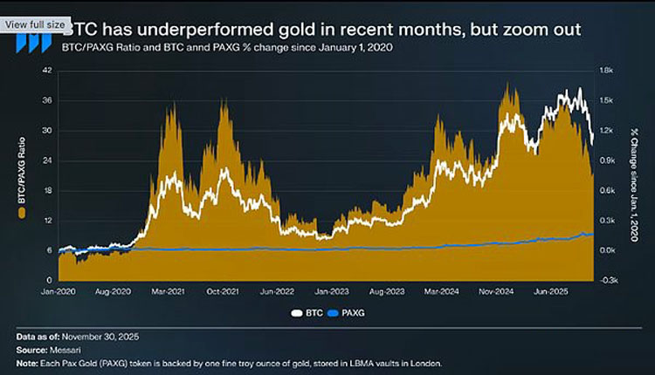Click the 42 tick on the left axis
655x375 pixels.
pyautogui.click(x=48, y=71)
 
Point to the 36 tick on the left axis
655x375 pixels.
pyautogui.click(x=48, y=100)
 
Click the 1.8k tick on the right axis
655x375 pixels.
pyautogui.click(x=605, y=71)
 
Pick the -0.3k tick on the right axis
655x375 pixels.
pyautogui.click(x=605, y=280)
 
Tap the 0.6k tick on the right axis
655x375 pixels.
pyautogui.click(x=605, y=190)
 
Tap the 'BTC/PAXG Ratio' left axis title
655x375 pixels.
pyautogui.click(x=21, y=175)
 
